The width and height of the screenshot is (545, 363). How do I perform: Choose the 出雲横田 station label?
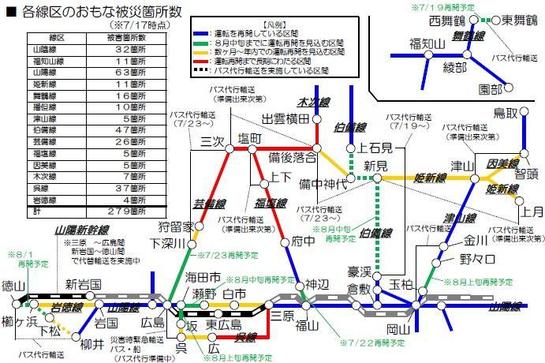coord(285,119)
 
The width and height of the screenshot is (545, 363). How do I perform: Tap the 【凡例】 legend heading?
coord(263,27)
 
